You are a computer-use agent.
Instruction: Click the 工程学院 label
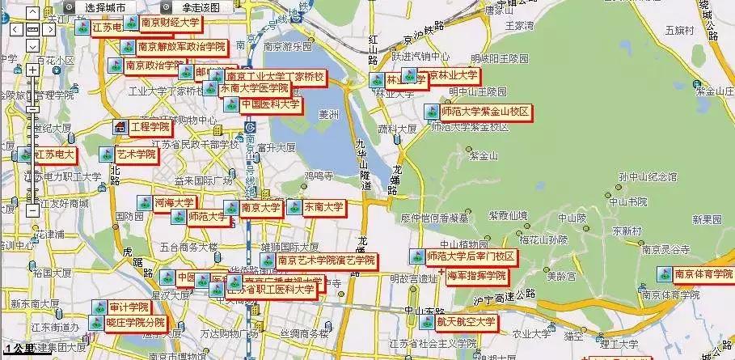pyautogui.click(x=150, y=127)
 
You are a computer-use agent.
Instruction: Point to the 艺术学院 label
pyautogui.click(x=136, y=154)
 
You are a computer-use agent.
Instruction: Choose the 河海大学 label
pyautogui.click(x=174, y=202)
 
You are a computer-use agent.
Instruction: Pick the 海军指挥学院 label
pyautogui.click(x=476, y=276)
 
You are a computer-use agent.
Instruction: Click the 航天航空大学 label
pyautogui.click(x=467, y=322)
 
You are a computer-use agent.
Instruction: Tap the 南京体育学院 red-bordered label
pyautogui.click(x=703, y=273)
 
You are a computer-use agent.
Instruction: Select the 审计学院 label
pyautogui.click(x=129, y=307)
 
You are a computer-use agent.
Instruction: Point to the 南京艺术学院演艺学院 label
pyautogui.click(x=326, y=260)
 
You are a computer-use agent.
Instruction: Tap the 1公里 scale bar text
pyautogui.click(x=19, y=349)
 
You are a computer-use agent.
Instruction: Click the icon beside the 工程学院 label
pyautogui.click(x=120, y=127)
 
